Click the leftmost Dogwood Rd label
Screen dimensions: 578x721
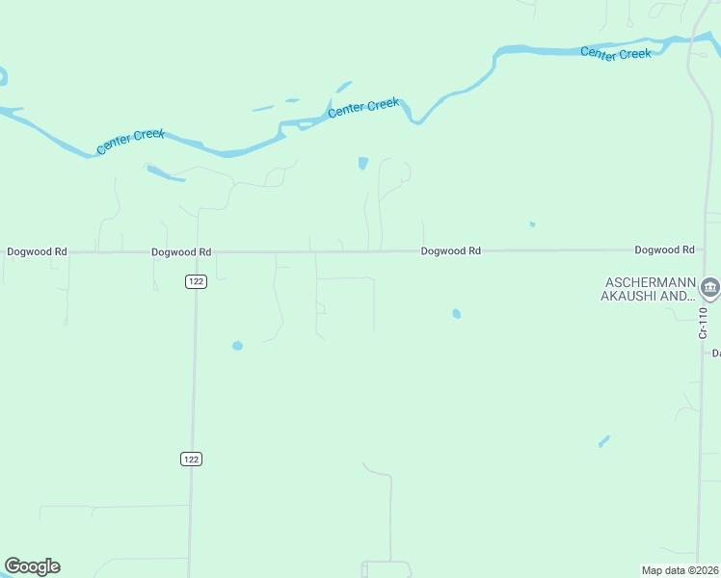tap(37, 251)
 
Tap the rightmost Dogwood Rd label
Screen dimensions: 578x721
tap(664, 250)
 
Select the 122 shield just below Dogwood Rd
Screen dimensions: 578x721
tap(196, 280)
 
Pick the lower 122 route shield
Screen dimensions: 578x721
tap(191, 459)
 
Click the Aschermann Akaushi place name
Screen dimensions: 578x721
tap(649, 289)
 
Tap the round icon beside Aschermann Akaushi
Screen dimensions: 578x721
tap(710, 287)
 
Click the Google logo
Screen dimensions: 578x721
tap(32, 566)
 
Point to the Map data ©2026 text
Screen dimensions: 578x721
tap(680, 570)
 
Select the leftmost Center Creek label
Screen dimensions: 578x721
tap(131, 142)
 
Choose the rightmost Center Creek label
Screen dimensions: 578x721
tap(616, 54)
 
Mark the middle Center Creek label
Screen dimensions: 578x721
tap(363, 107)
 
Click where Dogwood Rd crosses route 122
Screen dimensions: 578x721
tap(196, 252)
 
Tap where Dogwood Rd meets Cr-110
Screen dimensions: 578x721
tap(706, 249)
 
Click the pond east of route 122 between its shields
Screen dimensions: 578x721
tap(237, 345)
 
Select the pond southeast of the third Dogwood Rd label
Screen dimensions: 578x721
tap(456, 313)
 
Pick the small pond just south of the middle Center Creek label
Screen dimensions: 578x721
tap(362, 163)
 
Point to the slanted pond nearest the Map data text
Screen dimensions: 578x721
tap(603, 441)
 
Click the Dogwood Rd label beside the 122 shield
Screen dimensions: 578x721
tap(181, 251)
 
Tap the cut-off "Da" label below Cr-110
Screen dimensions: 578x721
tap(716, 354)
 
